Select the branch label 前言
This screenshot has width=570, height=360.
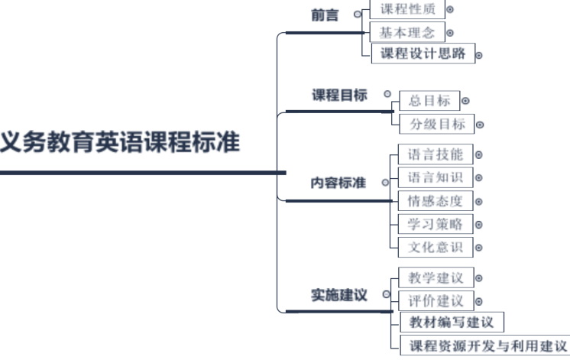pos(326,15)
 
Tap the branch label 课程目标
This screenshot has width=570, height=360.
pos(339,96)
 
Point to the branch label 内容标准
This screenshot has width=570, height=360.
pos(338,183)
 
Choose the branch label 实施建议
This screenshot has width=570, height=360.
pos(339,295)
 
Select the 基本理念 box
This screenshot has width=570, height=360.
pos(406,33)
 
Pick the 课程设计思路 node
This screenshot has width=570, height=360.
pos(422,54)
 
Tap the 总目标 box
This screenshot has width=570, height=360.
pos(429,100)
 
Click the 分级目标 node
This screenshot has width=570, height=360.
pos(436,124)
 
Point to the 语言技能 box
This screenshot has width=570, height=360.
pos(436,154)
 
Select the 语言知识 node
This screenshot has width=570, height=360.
pos(436,178)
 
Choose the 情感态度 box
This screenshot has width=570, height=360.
pos(436,202)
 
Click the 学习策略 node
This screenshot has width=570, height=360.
pos(436,225)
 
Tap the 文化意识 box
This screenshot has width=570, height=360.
pos(436,248)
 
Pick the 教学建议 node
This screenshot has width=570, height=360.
pos(436,277)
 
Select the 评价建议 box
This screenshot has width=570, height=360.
pos(436,300)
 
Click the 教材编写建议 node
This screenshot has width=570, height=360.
pos(452,322)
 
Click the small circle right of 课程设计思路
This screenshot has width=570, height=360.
pos(479,55)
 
